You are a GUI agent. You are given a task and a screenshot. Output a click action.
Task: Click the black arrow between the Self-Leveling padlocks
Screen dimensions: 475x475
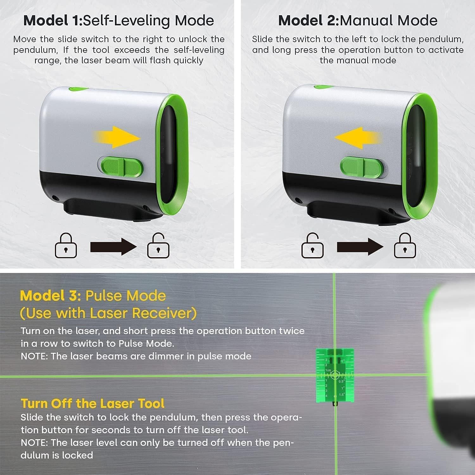[x=113, y=247]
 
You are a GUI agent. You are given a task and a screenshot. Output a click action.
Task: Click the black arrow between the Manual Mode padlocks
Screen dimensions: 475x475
[x=360, y=247]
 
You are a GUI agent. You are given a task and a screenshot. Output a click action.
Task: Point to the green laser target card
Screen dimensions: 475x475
[x=335, y=377]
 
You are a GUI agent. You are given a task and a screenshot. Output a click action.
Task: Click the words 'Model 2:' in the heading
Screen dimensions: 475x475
[x=308, y=21]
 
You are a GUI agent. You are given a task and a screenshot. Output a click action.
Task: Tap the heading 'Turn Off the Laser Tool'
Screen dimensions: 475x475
[x=92, y=403]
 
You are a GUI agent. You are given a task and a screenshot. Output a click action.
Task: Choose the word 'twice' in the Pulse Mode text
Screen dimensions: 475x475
[x=292, y=331]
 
